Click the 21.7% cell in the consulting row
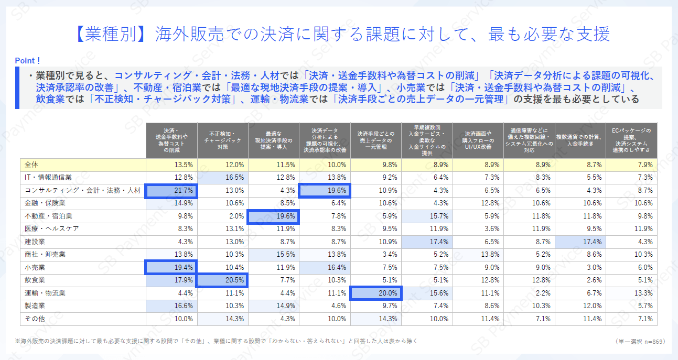[171, 190]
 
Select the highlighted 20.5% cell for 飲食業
[222, 280]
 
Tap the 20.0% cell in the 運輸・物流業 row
[375, 293]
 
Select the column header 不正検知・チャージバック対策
[222, 140]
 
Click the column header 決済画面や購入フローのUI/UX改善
[478, 140]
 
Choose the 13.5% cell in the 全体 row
[171, 165]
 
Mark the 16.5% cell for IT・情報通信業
[222, 177]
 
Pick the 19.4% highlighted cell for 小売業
[171, 267]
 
